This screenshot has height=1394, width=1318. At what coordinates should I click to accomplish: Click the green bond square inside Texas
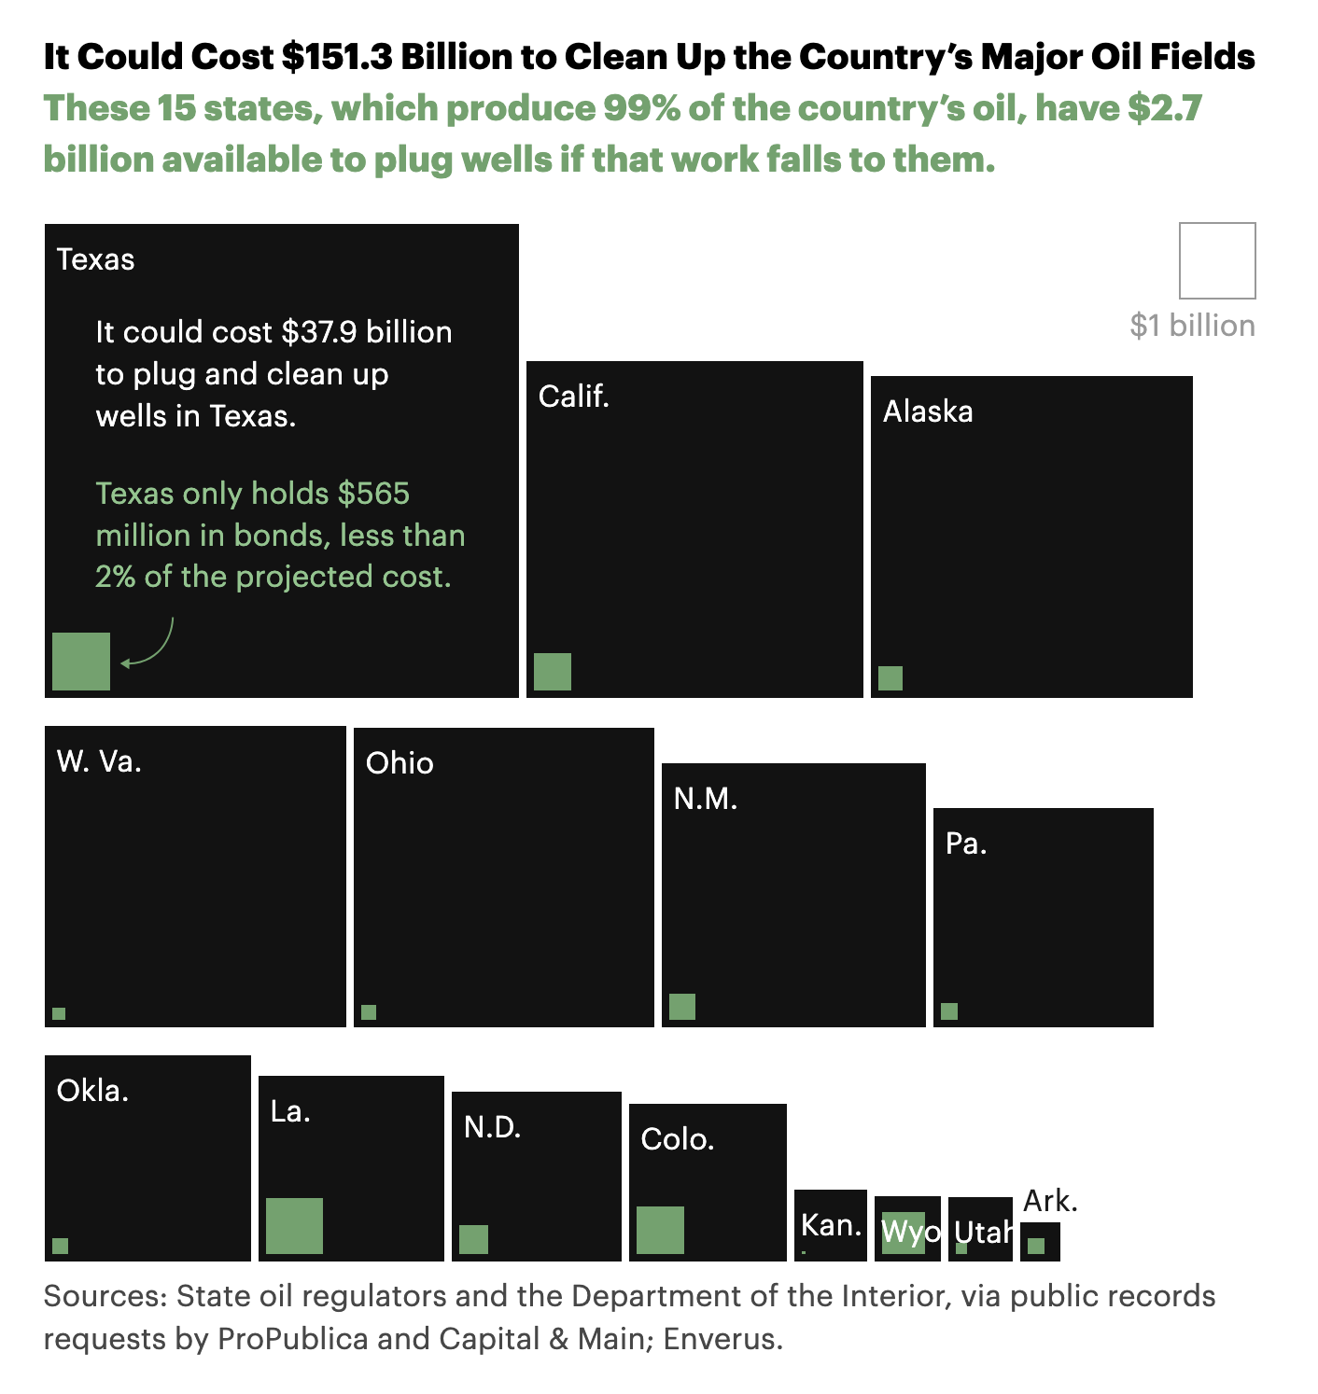[81, 662]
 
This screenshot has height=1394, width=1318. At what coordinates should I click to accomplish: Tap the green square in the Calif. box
[553, 672]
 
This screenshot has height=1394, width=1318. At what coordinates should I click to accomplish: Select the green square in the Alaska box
[890, 678]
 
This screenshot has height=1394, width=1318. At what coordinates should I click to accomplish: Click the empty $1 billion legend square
[1217, 260]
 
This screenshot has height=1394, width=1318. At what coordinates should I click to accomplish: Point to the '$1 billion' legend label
[1192, 326]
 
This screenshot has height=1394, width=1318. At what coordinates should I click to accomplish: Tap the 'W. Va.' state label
[99, 762]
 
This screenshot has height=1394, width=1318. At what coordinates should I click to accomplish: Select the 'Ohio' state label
[400, 763]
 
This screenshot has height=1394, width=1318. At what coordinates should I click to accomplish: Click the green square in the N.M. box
[682, 1007]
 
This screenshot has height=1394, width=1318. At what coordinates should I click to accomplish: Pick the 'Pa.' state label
[966, 844]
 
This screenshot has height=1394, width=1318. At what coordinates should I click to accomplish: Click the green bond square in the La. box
[294, 1226]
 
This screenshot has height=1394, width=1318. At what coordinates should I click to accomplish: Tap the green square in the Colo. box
[660, 1230]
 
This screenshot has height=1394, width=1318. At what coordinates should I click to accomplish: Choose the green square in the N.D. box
[473, 1239]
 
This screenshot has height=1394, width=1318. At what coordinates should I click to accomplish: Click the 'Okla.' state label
[92, 1091]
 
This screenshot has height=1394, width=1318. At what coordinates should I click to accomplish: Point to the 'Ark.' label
[1050, 1201]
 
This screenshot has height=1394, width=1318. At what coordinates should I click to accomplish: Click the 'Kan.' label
[831, 1225]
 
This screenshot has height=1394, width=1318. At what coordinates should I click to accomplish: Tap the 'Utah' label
[982, 1233]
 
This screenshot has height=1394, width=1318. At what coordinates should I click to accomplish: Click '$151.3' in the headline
[337, 57]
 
